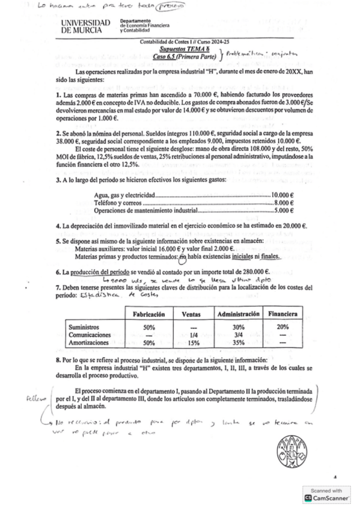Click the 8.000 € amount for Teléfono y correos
[x=283, y=203]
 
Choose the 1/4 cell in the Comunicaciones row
[x=192, y=335]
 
